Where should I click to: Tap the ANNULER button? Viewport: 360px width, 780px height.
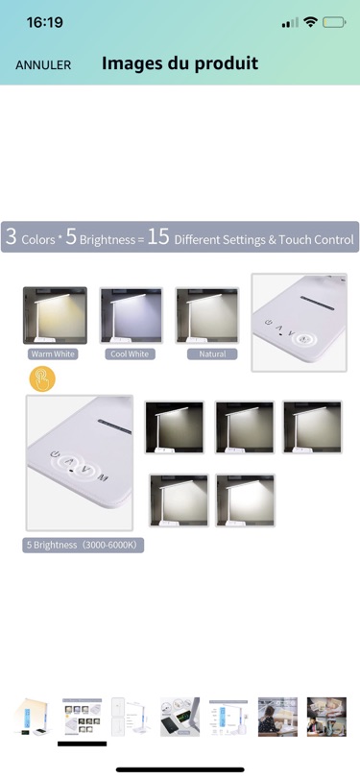43,65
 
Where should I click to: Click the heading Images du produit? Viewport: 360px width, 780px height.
180,63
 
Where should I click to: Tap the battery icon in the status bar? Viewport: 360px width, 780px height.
334,22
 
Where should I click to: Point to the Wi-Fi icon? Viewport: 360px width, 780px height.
311,22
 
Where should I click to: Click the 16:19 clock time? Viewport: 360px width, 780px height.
45,22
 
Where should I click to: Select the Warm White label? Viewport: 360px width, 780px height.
53,354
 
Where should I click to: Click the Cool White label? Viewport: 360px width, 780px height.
130,354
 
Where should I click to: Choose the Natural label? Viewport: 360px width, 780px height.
212,354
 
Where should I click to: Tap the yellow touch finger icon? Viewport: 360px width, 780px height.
42,379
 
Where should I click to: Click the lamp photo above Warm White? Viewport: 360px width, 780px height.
55,315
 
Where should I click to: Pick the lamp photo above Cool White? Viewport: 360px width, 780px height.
131,315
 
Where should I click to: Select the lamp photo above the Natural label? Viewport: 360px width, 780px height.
206,315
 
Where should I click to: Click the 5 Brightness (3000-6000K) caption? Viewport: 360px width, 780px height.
83,545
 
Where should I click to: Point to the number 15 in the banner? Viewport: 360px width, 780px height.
158,236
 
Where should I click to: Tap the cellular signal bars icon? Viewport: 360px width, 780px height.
290,23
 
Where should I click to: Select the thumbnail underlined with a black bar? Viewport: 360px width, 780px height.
82,718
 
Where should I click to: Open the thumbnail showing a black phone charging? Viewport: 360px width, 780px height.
180,717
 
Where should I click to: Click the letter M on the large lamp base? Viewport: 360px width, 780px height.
102,479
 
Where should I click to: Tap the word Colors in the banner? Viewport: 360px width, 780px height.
38,240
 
